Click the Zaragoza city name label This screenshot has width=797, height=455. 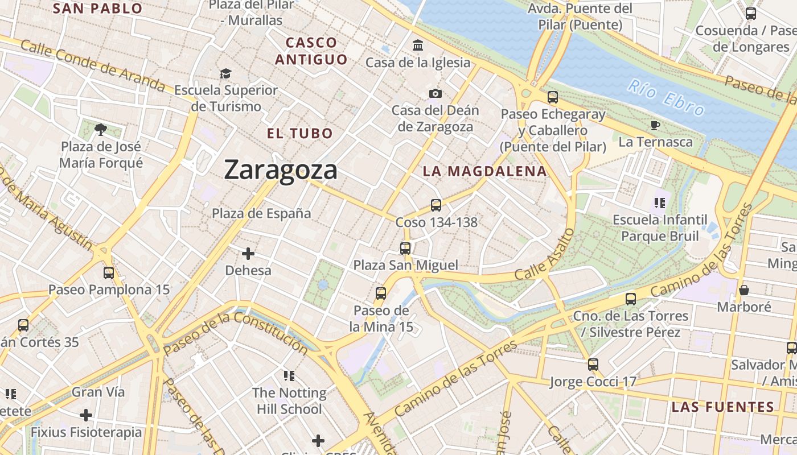[281, 170]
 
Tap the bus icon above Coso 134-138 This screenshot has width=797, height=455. [436, 205]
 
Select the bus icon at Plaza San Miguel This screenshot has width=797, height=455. [405, 248]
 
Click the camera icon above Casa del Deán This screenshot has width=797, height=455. [436, 93]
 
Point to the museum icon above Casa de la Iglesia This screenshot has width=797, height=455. [418, 45]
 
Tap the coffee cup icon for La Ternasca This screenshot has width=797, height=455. [655, 125]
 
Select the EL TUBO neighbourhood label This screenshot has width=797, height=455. [300, 134]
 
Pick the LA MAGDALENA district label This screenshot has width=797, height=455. [484, 171]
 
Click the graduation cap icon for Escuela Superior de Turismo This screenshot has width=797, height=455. [226, 73]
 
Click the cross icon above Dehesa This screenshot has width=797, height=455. [248, 253]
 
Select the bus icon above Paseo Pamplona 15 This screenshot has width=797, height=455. [109, 272]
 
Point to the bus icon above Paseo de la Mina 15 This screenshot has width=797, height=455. [381, 293]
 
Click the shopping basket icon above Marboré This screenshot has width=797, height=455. [743, 290]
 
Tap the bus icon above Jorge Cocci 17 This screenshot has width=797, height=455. [593, 365]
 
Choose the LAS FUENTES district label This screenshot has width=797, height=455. [722, 407]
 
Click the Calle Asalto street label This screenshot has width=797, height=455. [545, 254]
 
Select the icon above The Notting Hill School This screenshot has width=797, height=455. [289, 375]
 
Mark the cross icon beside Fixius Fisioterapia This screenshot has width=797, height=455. [86, 415]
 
